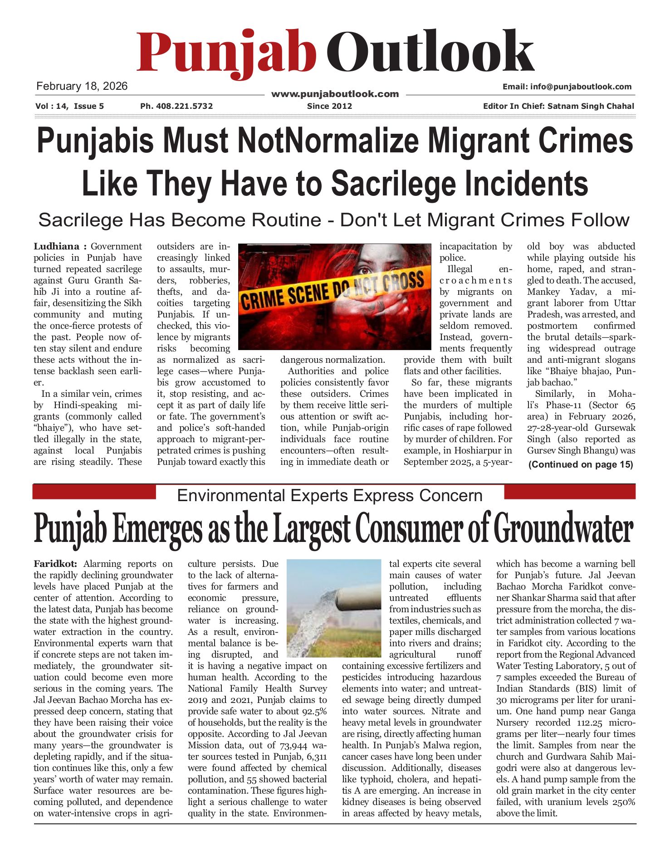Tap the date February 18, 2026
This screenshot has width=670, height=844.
82,86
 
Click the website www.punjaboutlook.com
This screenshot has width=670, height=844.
335,94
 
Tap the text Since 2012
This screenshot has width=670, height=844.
329,106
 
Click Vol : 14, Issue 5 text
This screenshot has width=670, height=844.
69,106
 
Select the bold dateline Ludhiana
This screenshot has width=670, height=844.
56,246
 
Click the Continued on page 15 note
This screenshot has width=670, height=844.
580,464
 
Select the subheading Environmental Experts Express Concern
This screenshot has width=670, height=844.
330,495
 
